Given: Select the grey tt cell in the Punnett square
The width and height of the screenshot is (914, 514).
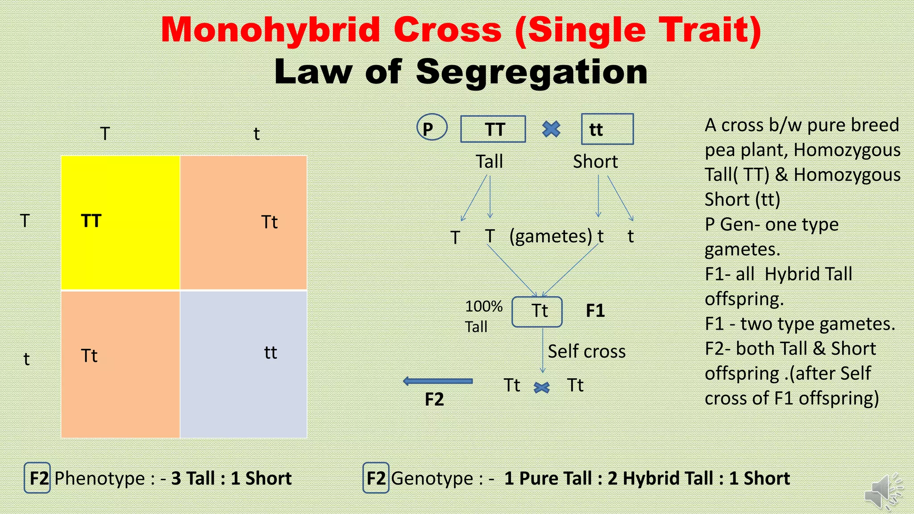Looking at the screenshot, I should pyautogui.click(x=243, y=364).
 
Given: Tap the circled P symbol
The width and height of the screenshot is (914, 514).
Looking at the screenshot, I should pyautogui.click(x=431, y=128).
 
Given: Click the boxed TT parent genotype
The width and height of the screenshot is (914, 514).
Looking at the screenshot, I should pyautogui.click(x=493, y=129).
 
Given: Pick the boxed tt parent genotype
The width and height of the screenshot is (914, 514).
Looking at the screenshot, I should pyautogui.click(x=607, y=129).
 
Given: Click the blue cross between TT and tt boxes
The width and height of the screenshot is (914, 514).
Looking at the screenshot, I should pyautogui.click(x=551, y=129).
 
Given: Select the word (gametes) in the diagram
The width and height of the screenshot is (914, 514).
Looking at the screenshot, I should pyautogui.click(x=550, y=236).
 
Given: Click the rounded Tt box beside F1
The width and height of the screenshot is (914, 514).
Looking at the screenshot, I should pyautogui.click(x=537, y=311).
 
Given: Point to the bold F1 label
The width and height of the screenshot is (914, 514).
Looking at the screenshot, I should pyautogui.click(x=595, y=311).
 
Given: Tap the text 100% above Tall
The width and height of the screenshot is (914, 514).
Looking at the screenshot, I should pyautogui.click(x=483, y=307).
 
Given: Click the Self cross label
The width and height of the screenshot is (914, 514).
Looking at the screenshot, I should pyautogui.click(x=586, y=352).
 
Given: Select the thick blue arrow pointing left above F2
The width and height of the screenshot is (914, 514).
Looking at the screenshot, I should pyautogui.click(x=438, y=381).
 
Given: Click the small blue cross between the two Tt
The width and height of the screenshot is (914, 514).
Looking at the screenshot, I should pyautogui.click(x=541, y=387).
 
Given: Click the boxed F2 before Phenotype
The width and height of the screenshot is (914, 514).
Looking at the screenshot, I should pyautogui.click(x=37, y=478).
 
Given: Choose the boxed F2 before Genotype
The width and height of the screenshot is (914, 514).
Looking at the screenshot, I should pyautogui.click(x=376, y=478).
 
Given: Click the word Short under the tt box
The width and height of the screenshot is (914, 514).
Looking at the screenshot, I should pyautogui.click(x=595, y=162).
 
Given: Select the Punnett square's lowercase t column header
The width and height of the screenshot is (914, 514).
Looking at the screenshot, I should pyautogui.click(x=256, y=134).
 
